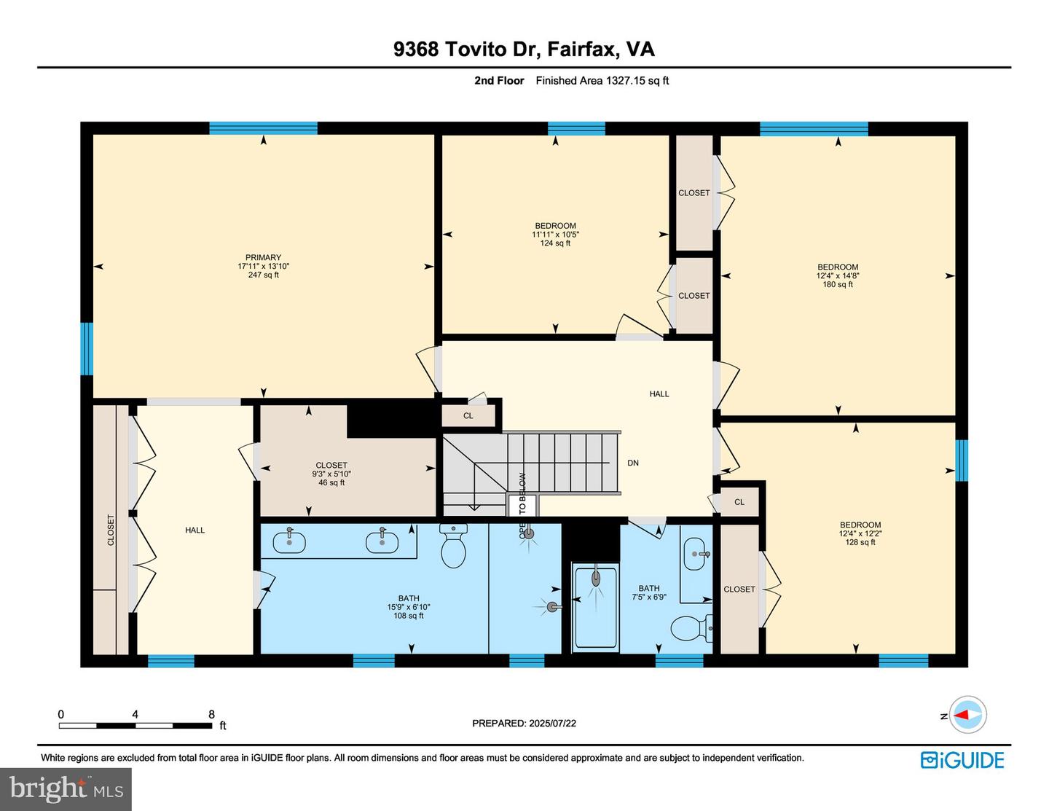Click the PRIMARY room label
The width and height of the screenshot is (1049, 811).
coord(263,257)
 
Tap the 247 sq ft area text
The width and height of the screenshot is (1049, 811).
coord(263,275)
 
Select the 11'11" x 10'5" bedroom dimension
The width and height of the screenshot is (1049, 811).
coord(555,235)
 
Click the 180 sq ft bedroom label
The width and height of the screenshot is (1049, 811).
coord(838,284)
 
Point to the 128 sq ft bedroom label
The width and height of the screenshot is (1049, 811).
coord(860,542)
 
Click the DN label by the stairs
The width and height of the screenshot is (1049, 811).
coord(633,463)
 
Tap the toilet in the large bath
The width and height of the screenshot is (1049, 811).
coord(454,548)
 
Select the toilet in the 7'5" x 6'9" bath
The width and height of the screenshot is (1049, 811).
coord(689,628)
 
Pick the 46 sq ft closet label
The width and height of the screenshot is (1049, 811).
coord(331,482)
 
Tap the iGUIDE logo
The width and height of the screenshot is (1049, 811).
coord(962,760)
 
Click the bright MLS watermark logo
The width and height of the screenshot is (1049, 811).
coord(66,789)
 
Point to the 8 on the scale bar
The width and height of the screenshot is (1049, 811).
coord(211,714)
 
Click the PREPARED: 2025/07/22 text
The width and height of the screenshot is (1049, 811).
coord(524,724)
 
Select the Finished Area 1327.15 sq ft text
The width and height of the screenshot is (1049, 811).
coord(602,81)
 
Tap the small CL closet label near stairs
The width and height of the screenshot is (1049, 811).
coord(468,416)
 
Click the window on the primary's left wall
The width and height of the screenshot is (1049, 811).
coord(87,348)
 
